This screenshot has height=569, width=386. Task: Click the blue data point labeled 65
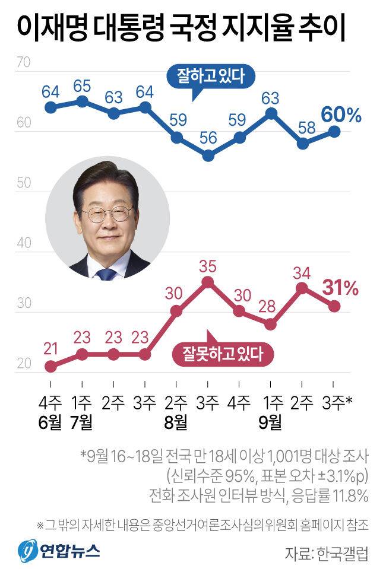pyautogui.click(x=82, y=101)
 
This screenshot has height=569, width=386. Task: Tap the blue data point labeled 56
pyautogui.click(x=208, y=156)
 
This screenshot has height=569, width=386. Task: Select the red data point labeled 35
pyautogui.click(x=208, y=282)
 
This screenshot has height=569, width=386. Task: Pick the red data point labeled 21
pyautogui.click(x=50, y=366)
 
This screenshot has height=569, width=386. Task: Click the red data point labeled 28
pyautogui.click(x=271, y=324)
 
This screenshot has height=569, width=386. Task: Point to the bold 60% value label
pyautogui.click(x=341, y=115)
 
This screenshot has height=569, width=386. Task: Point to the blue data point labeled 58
pyautogui.click(x=303, y=144)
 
